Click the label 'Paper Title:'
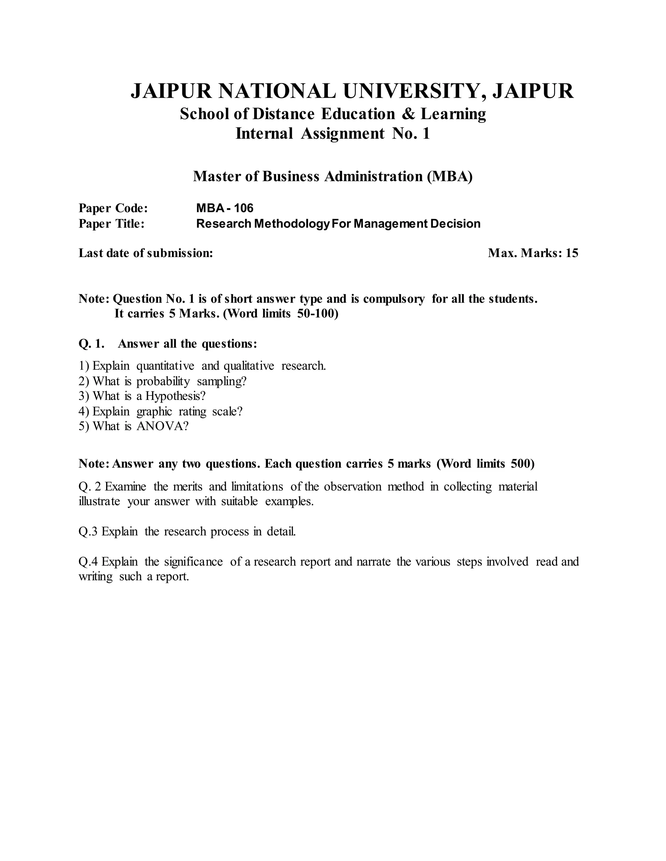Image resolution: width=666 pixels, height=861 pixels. pyautogui.click(x=112, y=224)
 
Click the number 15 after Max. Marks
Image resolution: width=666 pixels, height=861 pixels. pyautogui.click(x=572, y=253)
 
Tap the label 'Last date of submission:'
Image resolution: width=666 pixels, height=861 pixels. pyautogui.click(x=146, y=253)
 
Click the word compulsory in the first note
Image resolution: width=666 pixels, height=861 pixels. pyautogui.click(x=393, y=299)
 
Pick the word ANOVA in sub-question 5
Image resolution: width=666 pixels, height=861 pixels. pyautogui.click(x=159, y=426)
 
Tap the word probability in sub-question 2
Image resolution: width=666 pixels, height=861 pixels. pyautogui.click(x=163, y=381)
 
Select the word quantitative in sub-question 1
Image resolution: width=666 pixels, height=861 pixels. pyautogui.click(x=165, y=366)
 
